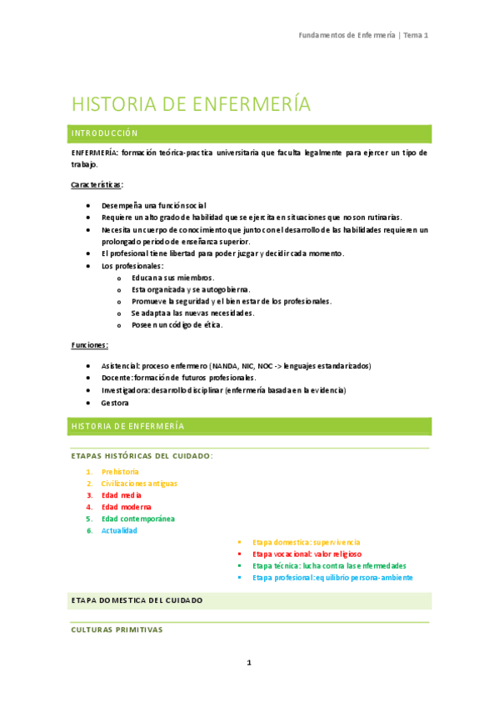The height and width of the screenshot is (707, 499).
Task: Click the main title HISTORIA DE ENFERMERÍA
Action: pyautogui.click(x=191, y=104)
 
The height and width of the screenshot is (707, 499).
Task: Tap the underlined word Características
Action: pyautogui.click(x=97, y=183)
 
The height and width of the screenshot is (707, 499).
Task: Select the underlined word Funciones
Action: pyautogui.click(x=89, y=345)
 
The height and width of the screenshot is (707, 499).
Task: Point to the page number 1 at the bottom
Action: pyautogui.click(x=248, y=663)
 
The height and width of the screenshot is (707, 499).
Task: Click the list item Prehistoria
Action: pyautogui.click(x=120, y=472)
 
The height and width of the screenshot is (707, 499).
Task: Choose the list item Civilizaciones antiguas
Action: pyautogui.click(x=139, y=484)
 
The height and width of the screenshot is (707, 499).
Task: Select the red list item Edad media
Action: pyautogui.click(x=122, y=495)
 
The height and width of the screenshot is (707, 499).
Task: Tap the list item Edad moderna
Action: pyautogui.click(x=127, y=507)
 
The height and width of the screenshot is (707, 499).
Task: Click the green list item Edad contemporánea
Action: pyautogui.click(x=138, y=519)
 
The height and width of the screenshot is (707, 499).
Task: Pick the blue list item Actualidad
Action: pyautogui.click(x=119, y=530)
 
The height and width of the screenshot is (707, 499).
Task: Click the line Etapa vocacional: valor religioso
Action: pyautogui.click(x=307, y=554)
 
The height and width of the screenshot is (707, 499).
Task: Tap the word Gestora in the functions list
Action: pyautogui.click(x=115, y=403)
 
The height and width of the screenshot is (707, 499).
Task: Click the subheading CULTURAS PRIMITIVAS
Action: pyautogui.click(x=117, y=630)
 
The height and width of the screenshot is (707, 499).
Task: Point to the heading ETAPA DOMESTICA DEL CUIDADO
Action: pyautogui.click(x=137, y=600)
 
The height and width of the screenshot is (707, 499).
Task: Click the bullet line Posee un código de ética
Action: pyautogui.click(x=177, y=325)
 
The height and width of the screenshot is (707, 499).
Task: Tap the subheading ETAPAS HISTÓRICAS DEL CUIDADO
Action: pyautogui.click(x=142, y=456)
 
